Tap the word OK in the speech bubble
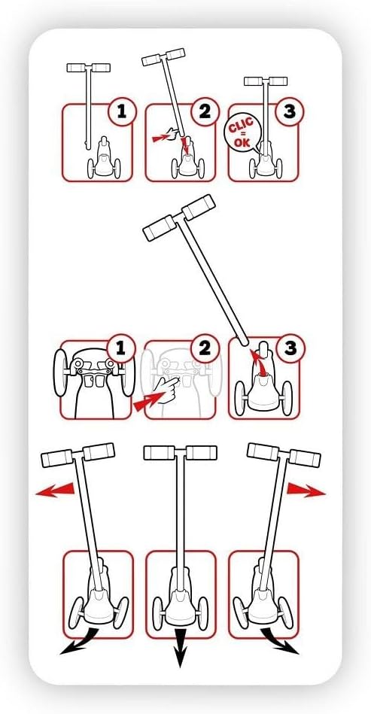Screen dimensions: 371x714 (x=242, y=143)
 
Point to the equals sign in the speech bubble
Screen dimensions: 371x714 (x=242, y=135)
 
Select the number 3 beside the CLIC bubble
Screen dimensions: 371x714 (x=290, y=111)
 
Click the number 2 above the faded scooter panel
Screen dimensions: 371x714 (x=205, y=348)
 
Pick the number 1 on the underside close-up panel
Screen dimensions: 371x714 (x=120, y=348)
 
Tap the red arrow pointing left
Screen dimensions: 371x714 (x=55, y=490)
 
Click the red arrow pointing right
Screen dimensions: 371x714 (x=306, y=490)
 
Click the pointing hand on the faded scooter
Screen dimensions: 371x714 (x=166, y=386)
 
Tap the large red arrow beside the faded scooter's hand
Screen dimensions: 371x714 (x=147, y=401)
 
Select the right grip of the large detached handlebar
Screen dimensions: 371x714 (x=199, y=207)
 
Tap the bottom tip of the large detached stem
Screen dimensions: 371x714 (x=245, y=341)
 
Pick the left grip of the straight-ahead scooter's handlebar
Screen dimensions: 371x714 (x=160, y=453)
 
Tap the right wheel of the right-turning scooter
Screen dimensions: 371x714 (x=286, y=613)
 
